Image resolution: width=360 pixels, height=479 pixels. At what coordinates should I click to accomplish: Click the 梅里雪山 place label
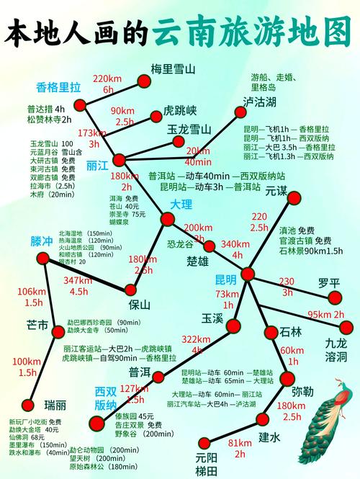(x=174, y=70)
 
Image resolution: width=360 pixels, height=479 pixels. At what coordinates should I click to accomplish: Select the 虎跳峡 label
(x=180, y=112)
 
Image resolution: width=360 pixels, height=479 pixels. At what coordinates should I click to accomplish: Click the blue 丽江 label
(x=97, y=166)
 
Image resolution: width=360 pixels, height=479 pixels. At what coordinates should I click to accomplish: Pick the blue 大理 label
(x=181, y=205)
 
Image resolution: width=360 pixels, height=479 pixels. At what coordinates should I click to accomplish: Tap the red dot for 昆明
(x=248, y=274)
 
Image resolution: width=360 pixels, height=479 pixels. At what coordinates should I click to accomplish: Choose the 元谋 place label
(x=276, y=192)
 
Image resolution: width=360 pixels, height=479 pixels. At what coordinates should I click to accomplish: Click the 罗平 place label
(x=329, y=283)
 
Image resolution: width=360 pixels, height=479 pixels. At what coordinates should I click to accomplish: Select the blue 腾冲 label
(x=42, y=240)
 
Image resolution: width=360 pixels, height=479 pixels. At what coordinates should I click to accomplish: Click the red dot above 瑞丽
(x=28, y=405)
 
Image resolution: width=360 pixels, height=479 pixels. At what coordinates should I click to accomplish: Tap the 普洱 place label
(x=140, y=372)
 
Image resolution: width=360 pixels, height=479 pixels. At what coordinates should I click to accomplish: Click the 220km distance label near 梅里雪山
(x=108, y=78)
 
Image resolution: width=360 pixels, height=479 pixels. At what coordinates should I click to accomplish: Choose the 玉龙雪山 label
(x=189, y=130)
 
